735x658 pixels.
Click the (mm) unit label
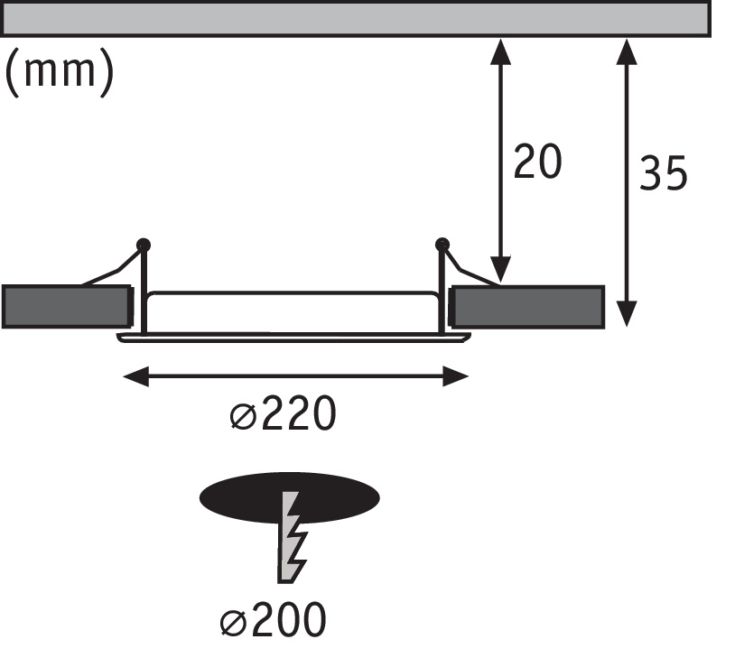60,72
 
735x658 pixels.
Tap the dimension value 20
537,162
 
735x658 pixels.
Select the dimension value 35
663,172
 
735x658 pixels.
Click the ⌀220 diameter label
283,415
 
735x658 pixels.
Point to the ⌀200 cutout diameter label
272,621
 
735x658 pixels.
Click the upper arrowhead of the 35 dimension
626,51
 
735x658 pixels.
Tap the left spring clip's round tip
143,244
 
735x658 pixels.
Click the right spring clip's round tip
442,244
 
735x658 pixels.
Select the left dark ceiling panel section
65,306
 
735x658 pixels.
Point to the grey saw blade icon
291,537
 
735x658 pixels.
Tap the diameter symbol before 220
241,416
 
